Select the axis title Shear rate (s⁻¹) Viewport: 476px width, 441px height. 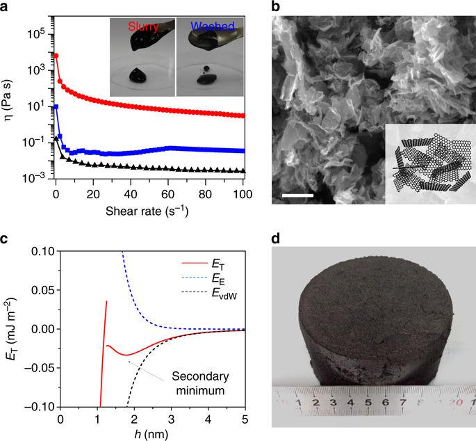pos(149,209)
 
